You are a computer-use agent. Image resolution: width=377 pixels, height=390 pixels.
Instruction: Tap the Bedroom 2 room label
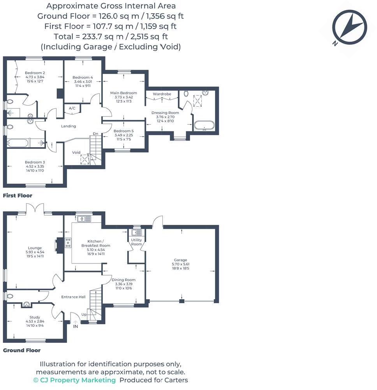point(35,73)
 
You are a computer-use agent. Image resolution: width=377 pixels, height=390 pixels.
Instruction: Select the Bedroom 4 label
point(83,77)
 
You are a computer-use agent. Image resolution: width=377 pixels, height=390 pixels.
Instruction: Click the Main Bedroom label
point(123,93)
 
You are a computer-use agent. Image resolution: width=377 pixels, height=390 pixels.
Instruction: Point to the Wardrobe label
point(162,94)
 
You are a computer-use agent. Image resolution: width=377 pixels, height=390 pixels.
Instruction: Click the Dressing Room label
point(165,113)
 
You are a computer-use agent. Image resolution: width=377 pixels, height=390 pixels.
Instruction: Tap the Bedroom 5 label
point(123,137)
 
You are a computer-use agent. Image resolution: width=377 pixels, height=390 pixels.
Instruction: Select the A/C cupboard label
point(72,108)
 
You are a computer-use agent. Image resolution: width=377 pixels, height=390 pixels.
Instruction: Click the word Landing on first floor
point(69,126)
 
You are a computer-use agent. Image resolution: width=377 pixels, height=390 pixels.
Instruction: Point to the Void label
point(76,152)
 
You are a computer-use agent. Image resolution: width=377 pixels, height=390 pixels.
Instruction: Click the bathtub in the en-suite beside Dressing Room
point(204,126)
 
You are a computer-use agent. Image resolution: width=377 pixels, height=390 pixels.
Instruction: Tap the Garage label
point(180,260)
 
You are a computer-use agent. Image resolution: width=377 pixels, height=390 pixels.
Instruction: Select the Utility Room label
point(136,242)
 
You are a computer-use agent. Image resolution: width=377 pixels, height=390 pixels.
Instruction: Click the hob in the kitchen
point(68,243)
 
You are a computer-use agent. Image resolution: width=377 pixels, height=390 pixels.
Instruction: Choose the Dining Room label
point(123,280)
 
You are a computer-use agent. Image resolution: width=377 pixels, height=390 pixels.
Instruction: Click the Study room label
point(35,317)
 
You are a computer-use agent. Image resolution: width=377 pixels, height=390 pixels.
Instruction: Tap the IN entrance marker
point(76,326)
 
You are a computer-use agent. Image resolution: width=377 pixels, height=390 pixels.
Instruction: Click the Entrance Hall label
point(73,297)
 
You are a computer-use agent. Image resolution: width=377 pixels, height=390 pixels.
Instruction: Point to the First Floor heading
point(18,196)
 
